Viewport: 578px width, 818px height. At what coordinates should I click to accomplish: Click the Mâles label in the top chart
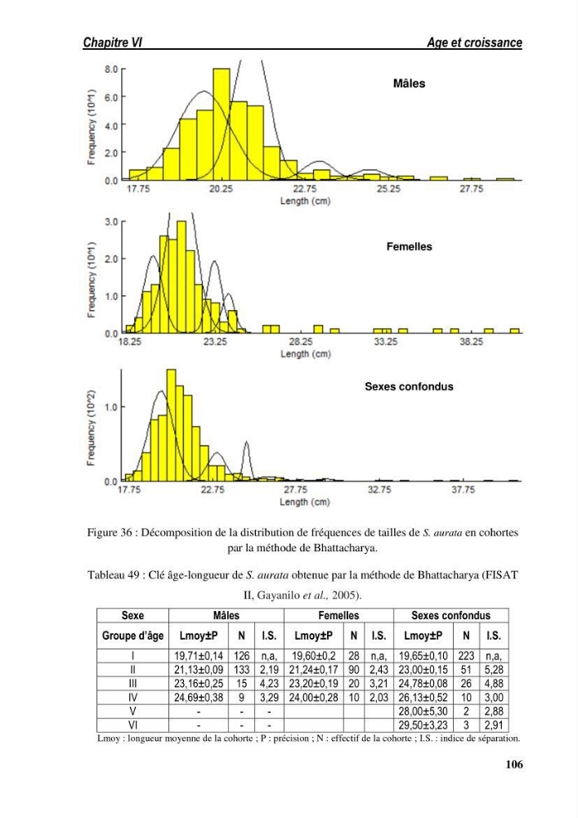coord(409,83)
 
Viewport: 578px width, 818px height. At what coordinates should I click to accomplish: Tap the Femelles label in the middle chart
coord(409,247)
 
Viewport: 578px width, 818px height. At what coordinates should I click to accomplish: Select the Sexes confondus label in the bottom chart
coord(409,387)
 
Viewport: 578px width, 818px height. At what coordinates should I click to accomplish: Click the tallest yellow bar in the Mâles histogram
coord(222,124)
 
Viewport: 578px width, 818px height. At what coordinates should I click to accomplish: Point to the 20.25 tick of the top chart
coord(221,189)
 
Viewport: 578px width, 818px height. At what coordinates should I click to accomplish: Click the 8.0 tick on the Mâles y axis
coord(111,69)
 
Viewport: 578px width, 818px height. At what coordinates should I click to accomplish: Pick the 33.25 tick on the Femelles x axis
coord(386,342)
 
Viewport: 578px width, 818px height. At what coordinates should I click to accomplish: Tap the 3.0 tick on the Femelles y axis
coord(111,222)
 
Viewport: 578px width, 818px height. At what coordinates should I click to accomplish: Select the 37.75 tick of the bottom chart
coord(463,490)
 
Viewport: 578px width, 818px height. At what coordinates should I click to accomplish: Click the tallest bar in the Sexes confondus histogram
coord(171,425)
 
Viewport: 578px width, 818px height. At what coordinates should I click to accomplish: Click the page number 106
coord(514,764)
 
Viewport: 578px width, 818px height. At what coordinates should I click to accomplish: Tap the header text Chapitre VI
coord(113,43)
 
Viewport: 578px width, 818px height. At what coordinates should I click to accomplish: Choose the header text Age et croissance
coord(474,43)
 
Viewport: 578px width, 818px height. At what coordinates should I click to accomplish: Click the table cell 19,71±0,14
coord(199,656)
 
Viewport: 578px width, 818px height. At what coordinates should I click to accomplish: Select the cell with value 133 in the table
coord(241,669)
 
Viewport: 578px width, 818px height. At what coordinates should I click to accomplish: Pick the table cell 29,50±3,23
coord(423,725)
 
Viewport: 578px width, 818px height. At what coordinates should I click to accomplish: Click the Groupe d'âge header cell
coord(133,636)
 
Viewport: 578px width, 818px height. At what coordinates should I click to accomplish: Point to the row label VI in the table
coord(133,725)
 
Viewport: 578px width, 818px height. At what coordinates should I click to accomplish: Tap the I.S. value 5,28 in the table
coord(494,669)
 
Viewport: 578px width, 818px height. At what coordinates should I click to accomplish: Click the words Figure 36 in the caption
coord(110,533)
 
